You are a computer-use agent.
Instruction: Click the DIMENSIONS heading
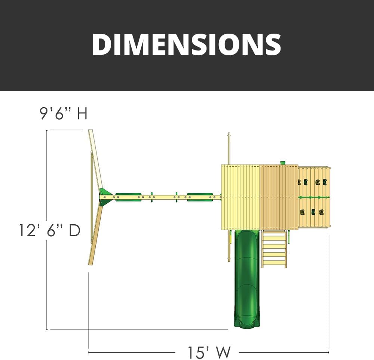187,44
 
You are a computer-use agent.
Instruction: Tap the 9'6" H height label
64,114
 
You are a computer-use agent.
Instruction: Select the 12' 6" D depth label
50,230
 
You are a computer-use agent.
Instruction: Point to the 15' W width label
209,352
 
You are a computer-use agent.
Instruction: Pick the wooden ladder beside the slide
274,249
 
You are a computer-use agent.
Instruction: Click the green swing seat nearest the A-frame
128,197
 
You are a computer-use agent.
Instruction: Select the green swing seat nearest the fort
200,197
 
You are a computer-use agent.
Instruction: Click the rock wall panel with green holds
314,197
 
